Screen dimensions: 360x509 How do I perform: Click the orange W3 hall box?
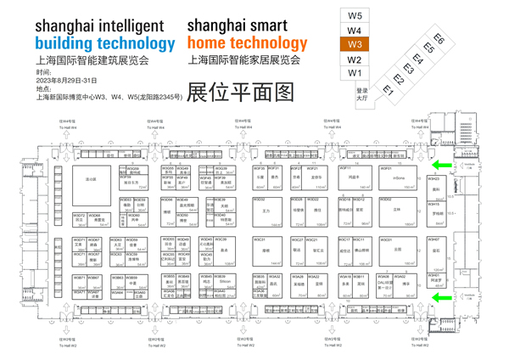(x=355, y=44)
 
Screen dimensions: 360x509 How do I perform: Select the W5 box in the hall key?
(x=355, y=16)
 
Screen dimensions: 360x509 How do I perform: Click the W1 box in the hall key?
(x=355, y=74)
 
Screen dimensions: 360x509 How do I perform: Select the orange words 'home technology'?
(x=247, y=42)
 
